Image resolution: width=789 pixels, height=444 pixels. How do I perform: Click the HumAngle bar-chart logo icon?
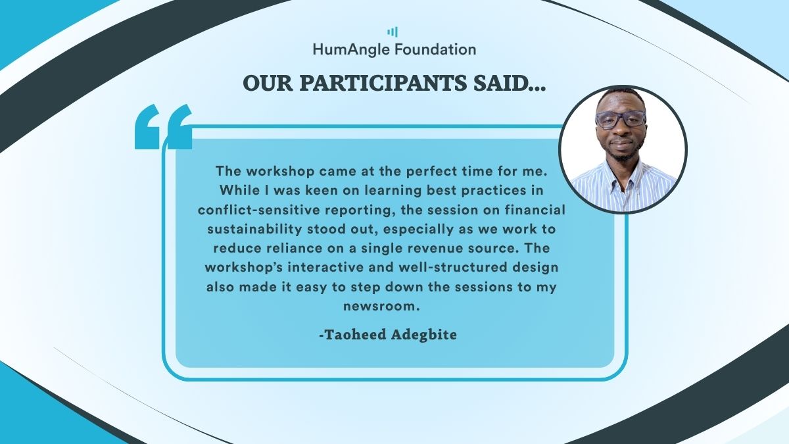click(x=393, y=32)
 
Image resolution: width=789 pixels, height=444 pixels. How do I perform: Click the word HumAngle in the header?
click(x=351, y=49)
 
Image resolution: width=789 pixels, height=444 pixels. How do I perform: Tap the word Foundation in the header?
click(x=435, y=49)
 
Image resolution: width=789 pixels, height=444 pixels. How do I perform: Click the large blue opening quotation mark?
click(x=164, y=126)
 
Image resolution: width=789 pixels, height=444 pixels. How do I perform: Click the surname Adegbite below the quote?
click(x=424, y=334)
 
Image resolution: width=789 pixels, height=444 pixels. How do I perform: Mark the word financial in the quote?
click(x=535, y=210)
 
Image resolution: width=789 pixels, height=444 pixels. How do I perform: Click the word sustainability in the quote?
click(x=254, y=229)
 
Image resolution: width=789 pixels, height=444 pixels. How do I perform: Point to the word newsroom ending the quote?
click(x=382, y=307)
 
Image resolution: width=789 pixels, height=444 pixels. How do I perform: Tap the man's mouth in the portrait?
click(x=621, y=143)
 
